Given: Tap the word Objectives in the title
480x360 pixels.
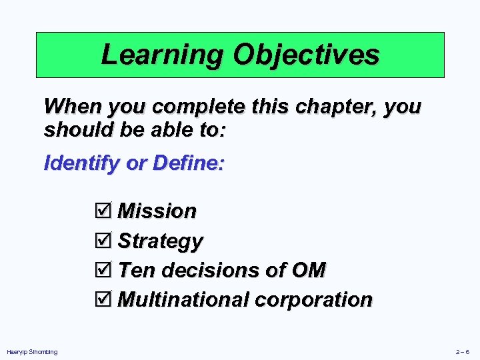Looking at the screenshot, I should pyautogui.click(x=306, y=55).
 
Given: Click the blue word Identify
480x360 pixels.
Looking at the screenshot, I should pyautogui.click(x=83, y=163).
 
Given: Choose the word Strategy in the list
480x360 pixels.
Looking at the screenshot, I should pyautogui.click(x=161, y=241).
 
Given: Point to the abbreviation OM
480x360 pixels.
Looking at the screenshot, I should pyautogui.click(x=309, y=270).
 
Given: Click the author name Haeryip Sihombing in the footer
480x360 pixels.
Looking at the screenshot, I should pyautogui.click(x=32, y=351).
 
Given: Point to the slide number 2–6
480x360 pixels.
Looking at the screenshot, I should pyautogui.click(x=462, y=351).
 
